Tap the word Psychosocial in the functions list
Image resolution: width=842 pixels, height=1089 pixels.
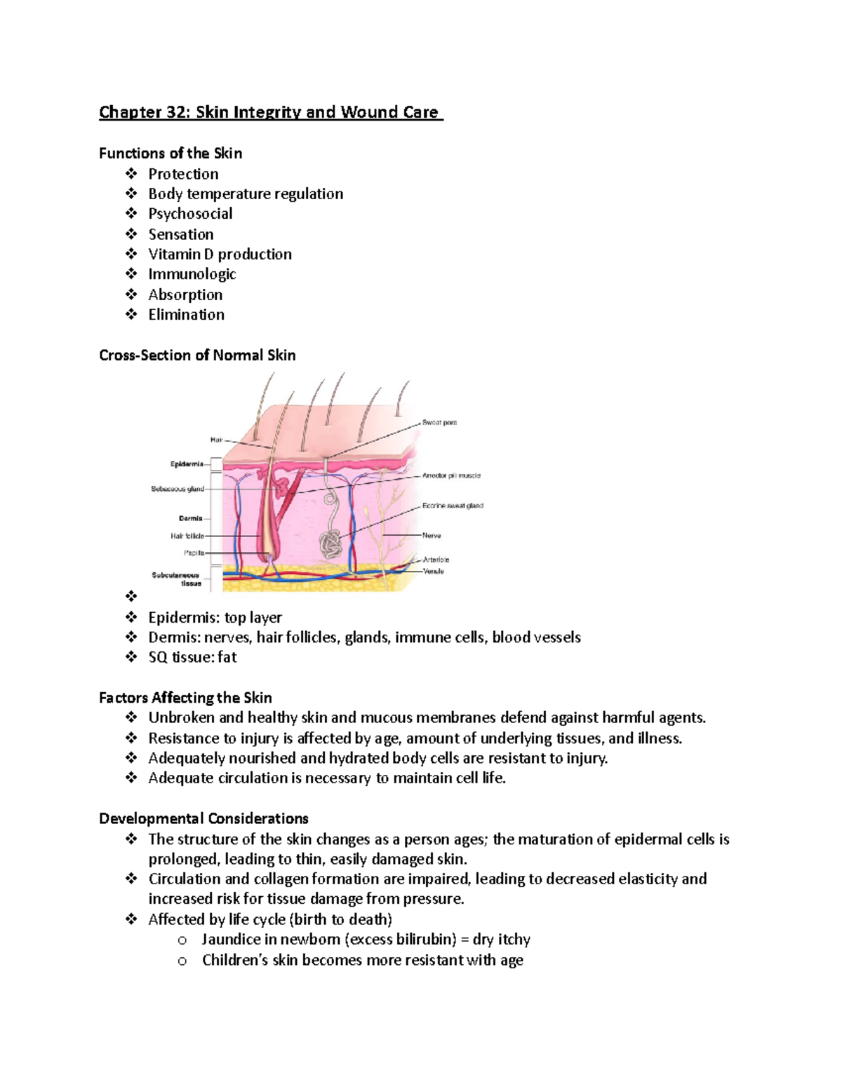[190, 214]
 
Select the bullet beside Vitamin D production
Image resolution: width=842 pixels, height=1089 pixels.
[131, 254]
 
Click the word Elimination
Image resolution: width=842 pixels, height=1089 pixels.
[186, 315]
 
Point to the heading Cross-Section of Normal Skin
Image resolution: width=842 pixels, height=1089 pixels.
[197, 355]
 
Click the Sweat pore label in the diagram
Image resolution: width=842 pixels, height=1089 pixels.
[439, 423]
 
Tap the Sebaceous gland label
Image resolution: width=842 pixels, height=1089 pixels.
[178, 489]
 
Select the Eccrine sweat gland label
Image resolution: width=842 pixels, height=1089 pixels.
[453, 506]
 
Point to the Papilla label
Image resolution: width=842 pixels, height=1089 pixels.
[194, 553]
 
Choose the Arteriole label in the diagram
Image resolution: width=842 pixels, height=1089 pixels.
[436, 560]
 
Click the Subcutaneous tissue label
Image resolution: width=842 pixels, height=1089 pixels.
[177, 579]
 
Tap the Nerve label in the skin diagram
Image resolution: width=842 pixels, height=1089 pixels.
[432, 536]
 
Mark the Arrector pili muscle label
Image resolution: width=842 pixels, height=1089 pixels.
[451, 475]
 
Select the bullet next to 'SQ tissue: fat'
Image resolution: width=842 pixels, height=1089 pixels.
[131, 657]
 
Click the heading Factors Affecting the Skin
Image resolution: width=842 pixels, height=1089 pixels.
[185, 698]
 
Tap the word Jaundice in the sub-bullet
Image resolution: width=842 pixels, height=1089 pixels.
[232, 940]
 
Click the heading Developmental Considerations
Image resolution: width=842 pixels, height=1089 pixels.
[203, 818]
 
